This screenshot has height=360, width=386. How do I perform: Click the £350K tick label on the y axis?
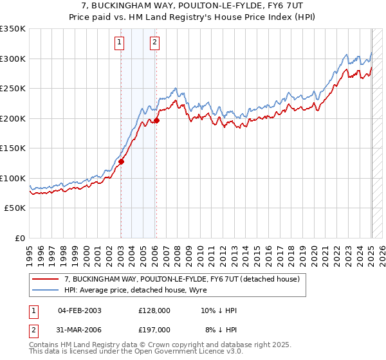pyautogui.click(x=13, y=29)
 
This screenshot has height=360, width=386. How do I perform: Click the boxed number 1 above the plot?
pyautogui.click(x=120, y=44)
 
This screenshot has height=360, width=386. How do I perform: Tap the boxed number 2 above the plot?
pyautogui.click(x=156, y=44)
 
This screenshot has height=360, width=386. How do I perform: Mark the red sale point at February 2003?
pyautogui.click(x=121, y=162)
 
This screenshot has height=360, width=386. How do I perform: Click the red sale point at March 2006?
pyautogui.click(x=156, y=120)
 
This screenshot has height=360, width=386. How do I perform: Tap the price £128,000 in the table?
pyautogui.click(x=154, y=310)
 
